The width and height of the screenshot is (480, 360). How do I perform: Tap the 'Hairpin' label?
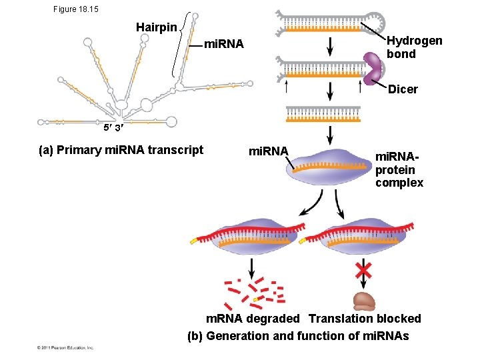tap(157, 27)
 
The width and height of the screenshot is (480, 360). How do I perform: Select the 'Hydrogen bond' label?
tap(414, 47)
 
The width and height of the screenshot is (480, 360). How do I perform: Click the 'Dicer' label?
tap(403, 89)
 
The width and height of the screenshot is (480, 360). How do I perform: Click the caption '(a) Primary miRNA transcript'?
tap(121, 150)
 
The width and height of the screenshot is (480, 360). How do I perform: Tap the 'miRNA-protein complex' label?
tap(399, 169)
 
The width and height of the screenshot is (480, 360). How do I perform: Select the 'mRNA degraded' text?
tap(253, 319)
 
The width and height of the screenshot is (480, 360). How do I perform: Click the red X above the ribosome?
tap(363, 270)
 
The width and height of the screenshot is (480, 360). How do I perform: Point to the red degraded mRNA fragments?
tap(254, 291)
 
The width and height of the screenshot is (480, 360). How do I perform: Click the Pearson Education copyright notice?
tap(65, 347)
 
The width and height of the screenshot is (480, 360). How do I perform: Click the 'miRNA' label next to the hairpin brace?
tap(224, 45)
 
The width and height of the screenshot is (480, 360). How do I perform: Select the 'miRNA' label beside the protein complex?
tap(267, 151)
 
